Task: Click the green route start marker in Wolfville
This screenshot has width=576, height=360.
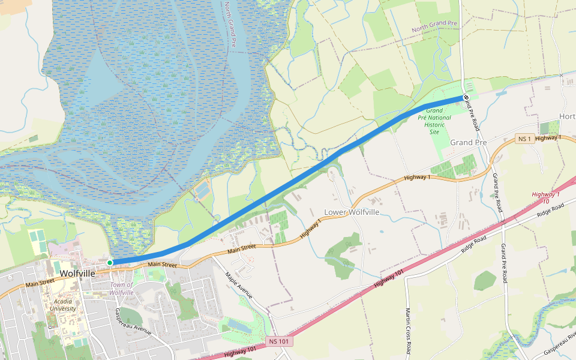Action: [110, 263]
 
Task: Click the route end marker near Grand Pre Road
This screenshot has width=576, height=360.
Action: [466, 97]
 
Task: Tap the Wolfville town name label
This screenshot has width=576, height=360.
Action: [78, 273]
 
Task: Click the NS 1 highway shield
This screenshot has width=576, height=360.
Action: [524, 139]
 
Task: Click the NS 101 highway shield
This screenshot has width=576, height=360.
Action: [279, 341]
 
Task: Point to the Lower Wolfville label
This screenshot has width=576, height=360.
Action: [352, 212]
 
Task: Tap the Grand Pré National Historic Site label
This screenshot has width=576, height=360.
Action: [434, 121]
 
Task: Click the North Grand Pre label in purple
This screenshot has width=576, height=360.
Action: [434, 27]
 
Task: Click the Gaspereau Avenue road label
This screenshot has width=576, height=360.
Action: [133, 322]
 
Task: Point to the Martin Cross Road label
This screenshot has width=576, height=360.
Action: [408, 331]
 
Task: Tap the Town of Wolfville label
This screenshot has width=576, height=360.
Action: [121, 288]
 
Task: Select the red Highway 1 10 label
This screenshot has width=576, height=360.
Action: [545, 197]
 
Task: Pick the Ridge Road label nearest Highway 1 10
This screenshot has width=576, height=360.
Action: [551, 210]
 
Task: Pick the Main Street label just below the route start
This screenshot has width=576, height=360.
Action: [162, 264]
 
